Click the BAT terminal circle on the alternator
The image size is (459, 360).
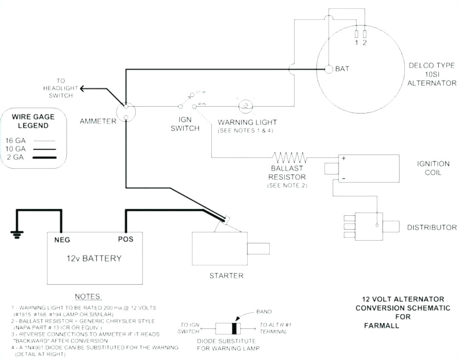click(x=329, y=69)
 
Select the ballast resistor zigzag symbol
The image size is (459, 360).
click(x=289, y=158)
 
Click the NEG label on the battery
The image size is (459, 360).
click(x=62, y=239)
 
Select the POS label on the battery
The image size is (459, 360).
click(x=125, y=239)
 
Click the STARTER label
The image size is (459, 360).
click(x=226, y=276)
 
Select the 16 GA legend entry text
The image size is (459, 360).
click(x=16, y=141)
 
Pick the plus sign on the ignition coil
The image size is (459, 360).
click(x=343, y=158)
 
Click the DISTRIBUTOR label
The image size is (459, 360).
click(x=431, y=227)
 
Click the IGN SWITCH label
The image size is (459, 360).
click(x=185, y=124)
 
